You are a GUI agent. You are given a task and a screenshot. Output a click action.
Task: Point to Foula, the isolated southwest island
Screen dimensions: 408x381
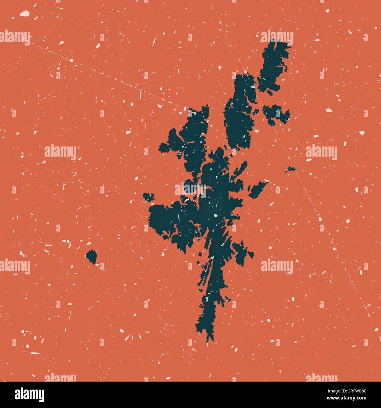[x=92, y=256]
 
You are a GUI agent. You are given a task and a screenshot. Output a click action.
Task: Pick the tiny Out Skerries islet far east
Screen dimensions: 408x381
[x=290, y=169]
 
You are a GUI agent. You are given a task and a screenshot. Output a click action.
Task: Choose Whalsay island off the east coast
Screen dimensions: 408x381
[x=258, y=189]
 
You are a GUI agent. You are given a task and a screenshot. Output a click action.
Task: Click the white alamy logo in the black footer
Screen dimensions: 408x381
[x=29, y=394]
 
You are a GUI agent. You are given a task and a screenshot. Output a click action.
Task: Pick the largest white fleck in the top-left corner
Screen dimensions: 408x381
[x=25, y=13]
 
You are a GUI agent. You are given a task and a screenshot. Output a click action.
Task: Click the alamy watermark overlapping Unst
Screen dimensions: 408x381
[x=277, y=38]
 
